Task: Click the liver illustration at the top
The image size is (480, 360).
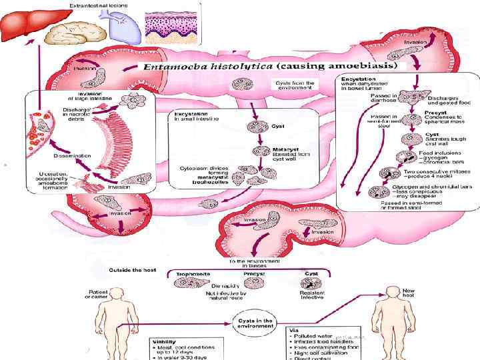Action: click(26, 26)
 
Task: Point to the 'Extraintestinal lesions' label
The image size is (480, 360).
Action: click(100, 5)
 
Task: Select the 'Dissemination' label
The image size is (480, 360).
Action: click(54, 155)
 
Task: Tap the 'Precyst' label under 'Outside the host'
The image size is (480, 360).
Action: click(254, 273)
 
